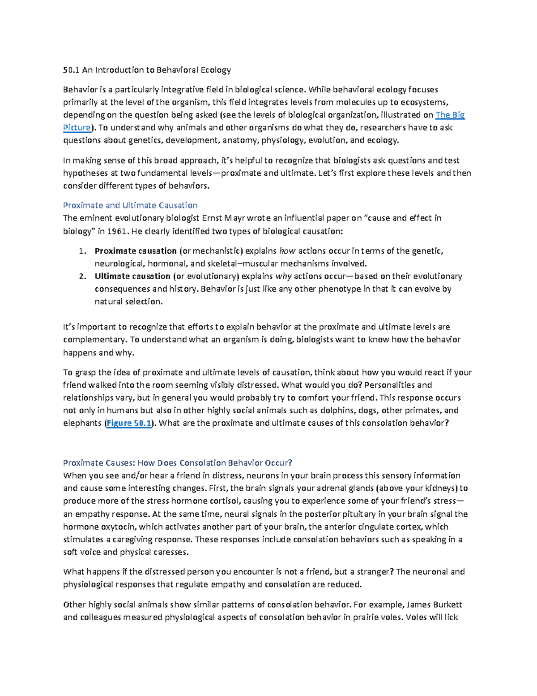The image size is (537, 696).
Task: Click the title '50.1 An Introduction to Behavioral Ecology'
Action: pos(147,70)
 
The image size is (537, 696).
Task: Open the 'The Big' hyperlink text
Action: pos(450,115)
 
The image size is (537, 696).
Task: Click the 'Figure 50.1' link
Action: pos(129,423)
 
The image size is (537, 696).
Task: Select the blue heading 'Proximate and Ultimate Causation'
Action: pos(130,205)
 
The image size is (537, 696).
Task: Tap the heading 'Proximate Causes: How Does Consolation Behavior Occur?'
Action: pos(177,463)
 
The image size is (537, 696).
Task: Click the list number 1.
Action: pos(81,251)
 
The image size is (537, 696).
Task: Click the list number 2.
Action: pos(81,277)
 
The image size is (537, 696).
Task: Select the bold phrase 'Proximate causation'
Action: pos(135,251)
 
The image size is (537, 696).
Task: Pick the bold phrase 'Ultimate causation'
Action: pos(132,277)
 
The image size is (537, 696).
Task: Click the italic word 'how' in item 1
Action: pos(287,251)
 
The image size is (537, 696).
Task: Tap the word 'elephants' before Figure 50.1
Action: pos(82,423)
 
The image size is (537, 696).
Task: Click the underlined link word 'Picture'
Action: pos(77,128)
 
